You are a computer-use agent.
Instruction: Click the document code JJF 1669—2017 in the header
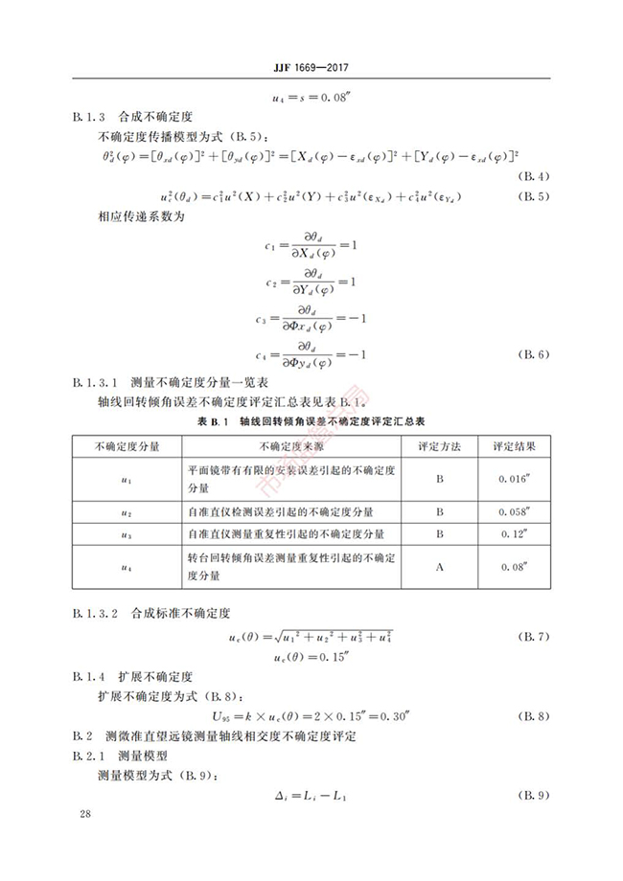[x=311, y=68]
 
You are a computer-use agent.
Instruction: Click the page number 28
[x=86, y=814]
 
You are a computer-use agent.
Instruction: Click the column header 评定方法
[x=440, y=446]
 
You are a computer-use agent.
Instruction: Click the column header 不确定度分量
[x=127, y=446]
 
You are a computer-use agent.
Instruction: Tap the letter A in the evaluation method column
[x=440, y=567]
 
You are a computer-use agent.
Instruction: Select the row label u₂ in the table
[x=127, y=512]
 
